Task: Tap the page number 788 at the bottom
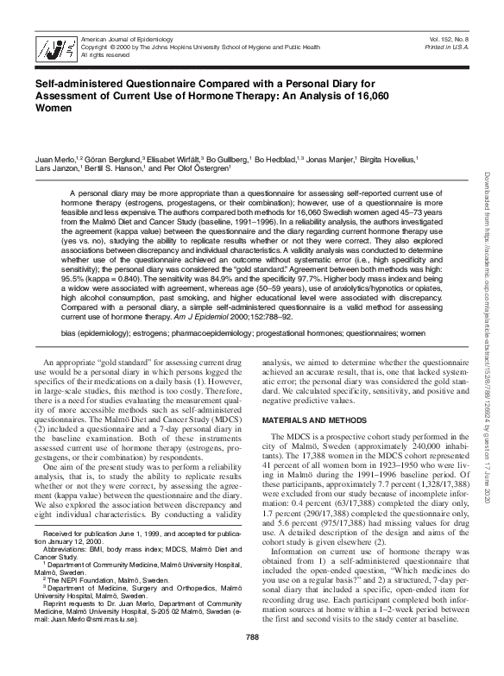251,662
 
